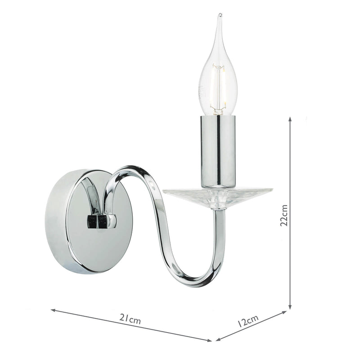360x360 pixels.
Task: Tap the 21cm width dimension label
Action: (x=131, y=320)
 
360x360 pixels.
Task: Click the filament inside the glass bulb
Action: (x=218, y=88)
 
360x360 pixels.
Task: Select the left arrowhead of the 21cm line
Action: (x=53, y=310)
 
